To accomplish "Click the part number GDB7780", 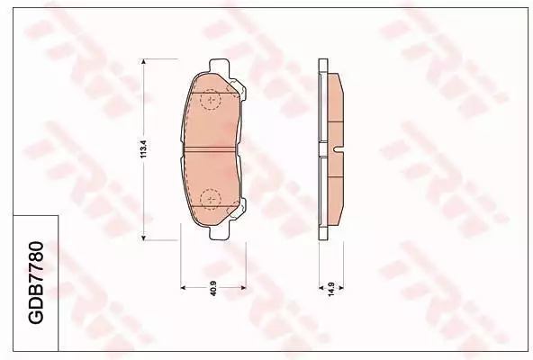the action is point(35,283).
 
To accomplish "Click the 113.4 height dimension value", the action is point(143,149).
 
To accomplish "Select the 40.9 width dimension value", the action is point(213,288).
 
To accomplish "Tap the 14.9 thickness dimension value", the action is point(331,289).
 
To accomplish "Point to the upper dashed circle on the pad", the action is point(211,100).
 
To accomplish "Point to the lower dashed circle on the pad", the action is point(211,199).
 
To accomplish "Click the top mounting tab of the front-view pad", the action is point(219,66).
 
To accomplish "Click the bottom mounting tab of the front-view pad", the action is point(219,232).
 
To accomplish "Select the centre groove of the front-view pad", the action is point(210,149).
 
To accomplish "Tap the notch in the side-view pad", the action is point(339,148).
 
